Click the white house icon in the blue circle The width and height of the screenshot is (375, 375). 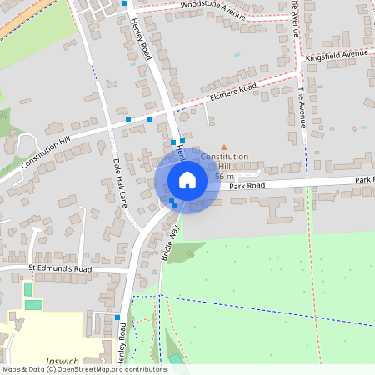click(187, 180)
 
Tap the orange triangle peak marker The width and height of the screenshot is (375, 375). click(223, 147)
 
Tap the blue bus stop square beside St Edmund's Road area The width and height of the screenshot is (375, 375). click(117, 317)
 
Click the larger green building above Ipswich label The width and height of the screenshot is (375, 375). click(32, 304)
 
